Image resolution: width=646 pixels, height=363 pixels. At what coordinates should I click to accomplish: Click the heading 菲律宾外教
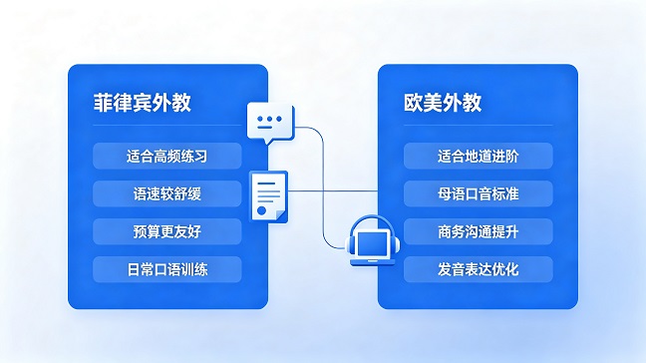tap(143, 103)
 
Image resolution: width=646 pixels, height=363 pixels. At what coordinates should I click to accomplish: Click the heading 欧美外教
tap(443, 103)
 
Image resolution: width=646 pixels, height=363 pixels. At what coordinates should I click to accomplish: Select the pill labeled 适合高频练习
tap(166, 156)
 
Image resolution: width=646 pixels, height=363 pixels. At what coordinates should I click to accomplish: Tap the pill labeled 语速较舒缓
tap(166, 193)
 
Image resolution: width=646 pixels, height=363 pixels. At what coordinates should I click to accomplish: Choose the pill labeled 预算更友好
tap(166, 231)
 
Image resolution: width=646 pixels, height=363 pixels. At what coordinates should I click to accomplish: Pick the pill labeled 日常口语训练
tap(166, 269)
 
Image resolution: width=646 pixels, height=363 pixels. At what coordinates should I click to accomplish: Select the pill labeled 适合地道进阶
tap(478, 156)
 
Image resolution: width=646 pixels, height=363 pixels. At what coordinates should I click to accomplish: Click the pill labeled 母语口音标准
tap(478, 193)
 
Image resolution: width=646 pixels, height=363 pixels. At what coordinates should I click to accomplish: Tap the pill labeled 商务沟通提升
tap(478, 231)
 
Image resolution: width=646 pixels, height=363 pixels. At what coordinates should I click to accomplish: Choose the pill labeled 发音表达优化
tap(478, 269)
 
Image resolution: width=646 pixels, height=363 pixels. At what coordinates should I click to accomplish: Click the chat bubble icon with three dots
tap(270, 122)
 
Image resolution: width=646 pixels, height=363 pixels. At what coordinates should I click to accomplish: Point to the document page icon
tap(268, 196)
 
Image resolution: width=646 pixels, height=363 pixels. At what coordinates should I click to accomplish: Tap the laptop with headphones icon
tap(373, 240)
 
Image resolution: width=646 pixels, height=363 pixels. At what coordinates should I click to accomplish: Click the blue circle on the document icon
tap(261, 210)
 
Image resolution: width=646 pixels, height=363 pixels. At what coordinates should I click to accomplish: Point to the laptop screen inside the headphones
tap(373, 244)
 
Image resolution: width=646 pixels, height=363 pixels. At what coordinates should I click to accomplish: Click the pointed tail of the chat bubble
tap(270, 143)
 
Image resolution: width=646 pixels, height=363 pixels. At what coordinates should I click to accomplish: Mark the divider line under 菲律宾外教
tap(166, 125)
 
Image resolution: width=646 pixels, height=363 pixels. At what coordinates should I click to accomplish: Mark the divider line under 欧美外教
tap(478, 125)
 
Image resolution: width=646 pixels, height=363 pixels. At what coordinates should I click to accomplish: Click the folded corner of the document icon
tap(282, 216)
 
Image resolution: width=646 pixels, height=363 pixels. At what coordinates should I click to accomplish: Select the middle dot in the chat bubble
tap(269, 119)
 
